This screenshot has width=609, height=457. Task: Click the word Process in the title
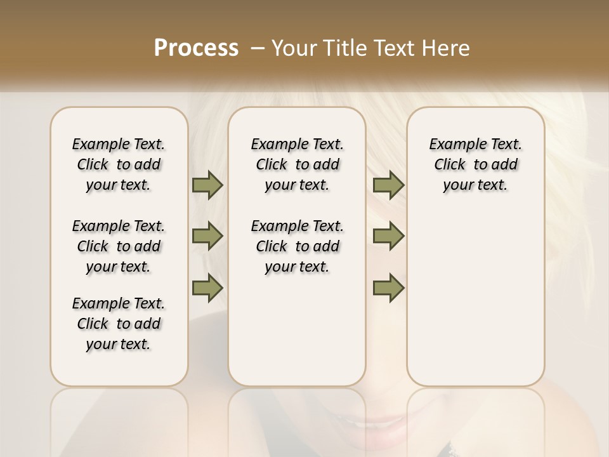[x=196, y=48]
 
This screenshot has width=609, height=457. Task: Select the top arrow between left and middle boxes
[x=207, y=185]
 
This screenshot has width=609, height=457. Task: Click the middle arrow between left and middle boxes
[x=207, y=236]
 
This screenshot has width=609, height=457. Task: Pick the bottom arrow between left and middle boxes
[x=207, y=288]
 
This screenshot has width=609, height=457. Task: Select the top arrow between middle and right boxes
[x=388, y=185]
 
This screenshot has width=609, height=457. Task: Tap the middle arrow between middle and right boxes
[x=388, y=236]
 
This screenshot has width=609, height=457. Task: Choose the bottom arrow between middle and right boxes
[x=388, y=288]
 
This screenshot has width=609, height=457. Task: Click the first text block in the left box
[x=119, y=164]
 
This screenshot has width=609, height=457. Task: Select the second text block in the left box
[x=119, y=246]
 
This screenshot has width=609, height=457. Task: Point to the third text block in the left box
[x=119, y=324]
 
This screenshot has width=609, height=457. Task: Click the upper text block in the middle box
[x=297, y=164]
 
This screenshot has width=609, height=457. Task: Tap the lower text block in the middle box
[x=297, y=246]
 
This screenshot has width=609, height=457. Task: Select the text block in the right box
[x=475, y=164]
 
